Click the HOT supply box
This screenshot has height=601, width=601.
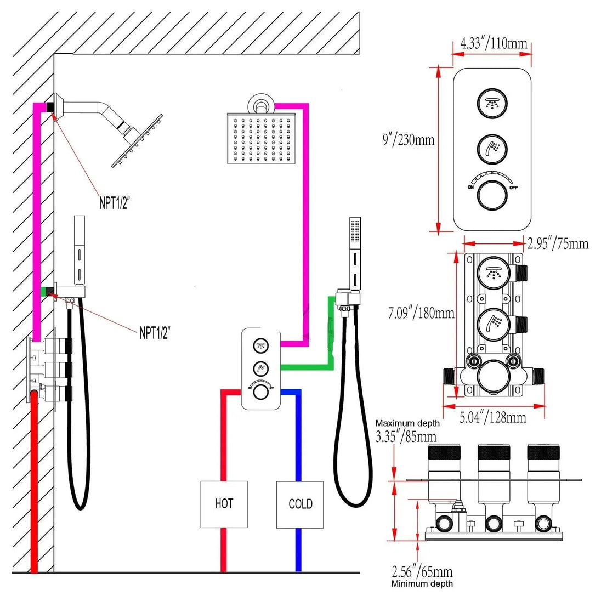click(x=224, y=504)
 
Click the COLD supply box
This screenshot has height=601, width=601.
click(x=300, y=504)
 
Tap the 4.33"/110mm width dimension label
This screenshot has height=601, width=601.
click(x=494, y=43)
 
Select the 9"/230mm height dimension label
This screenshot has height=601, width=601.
click(x=409, y=139)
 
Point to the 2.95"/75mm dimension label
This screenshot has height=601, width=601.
click(x=558, y=243)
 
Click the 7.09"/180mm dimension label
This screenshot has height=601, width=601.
click(x=421, y=313)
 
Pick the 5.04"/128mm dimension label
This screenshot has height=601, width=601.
click(x=493, y=417)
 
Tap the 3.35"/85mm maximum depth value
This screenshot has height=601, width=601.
click(x=406, y=436)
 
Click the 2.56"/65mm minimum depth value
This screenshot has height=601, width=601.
click(x=422, y=572)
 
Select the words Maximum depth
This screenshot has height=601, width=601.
click(x=407, y=423)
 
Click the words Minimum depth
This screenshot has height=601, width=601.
click(x=422, y=584)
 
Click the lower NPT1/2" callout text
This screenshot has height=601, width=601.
click(x=155, y=332)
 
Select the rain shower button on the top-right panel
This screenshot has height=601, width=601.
click(x=492, y=103)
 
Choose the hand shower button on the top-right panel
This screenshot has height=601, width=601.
click(x=492, y=149)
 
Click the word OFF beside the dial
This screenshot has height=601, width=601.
click(x=514, y=188)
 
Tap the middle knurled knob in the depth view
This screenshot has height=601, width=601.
click(x=494, y=452)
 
